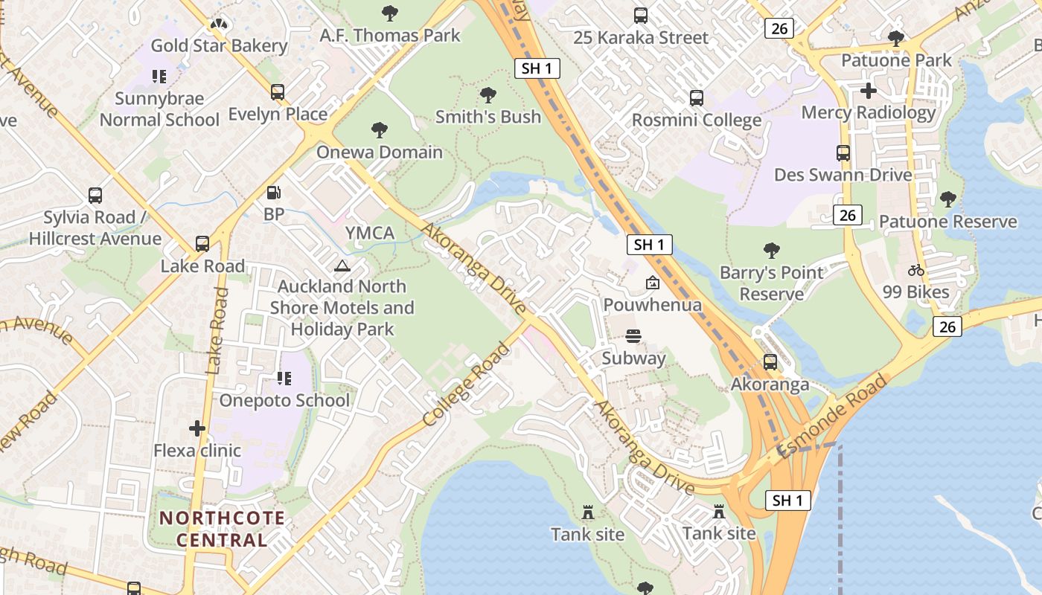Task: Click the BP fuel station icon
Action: click(x=274, y=193)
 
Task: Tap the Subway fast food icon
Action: click(x=633, y=336)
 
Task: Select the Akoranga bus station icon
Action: click(x=770, y=362)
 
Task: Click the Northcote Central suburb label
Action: click(x=222, y=529)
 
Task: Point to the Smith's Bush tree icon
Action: click(x=488, y=94)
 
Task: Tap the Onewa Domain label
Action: click(x=380, y=152)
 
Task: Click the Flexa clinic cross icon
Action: click(x=197, y=428)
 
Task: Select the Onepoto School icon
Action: click(x=284, y=379)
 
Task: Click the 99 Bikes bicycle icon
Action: click(x=916, y=270)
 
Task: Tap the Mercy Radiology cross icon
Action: click(x=868, y=91)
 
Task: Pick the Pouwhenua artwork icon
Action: click(x=652, y=283)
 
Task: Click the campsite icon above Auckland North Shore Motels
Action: click(x=342, y=266)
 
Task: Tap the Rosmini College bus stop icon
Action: click(x=696, y=98)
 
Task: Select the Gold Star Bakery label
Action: click(x=219, y=45)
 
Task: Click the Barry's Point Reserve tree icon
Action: click(x=771, y=251)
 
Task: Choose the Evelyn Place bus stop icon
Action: click(x=278, y=92)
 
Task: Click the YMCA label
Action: click(x=370, y=234)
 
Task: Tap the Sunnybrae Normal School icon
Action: click(x=159, y=76)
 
